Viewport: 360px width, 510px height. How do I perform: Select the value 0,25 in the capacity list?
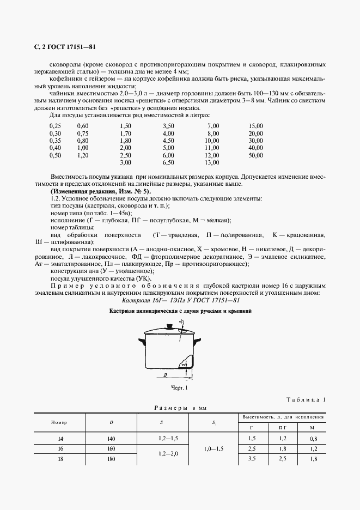click(x=55, y=126)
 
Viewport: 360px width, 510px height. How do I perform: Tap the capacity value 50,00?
click(x=255, y=155)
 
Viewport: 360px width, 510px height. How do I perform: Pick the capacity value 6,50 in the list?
click(x=168, y=163)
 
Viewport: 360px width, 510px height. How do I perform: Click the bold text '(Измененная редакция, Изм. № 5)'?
click(x=100, y=192)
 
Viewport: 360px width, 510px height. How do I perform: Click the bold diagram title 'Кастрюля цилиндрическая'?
click(x=180, y=311)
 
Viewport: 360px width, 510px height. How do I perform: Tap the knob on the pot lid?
click(x=169, y=327)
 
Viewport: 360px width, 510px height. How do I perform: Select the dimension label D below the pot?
click(x=164, y=376)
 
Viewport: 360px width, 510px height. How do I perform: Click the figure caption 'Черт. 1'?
click(x=179, y=388)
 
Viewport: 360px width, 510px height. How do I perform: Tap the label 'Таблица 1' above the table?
click(x=308, y=400)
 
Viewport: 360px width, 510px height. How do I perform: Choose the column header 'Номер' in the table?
click(x=59, y=422)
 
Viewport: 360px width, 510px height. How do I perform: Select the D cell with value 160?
click(x=111, y=449)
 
